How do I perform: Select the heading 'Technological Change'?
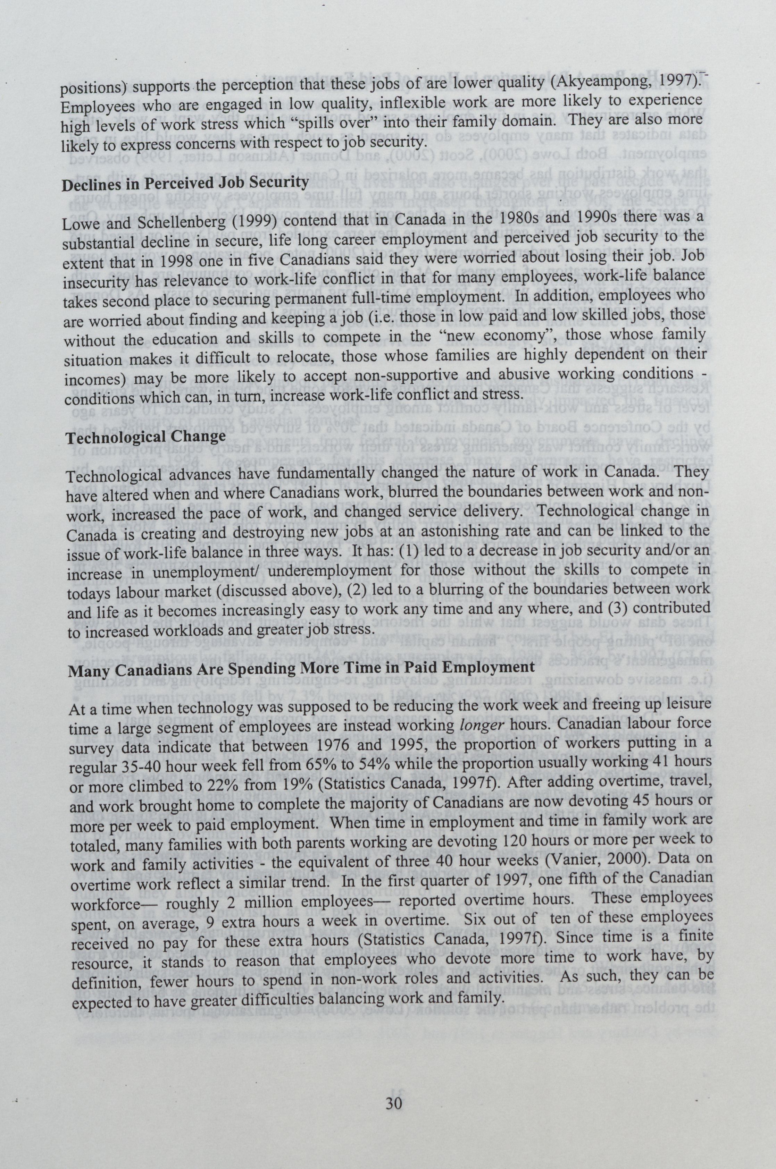coord(146,438)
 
